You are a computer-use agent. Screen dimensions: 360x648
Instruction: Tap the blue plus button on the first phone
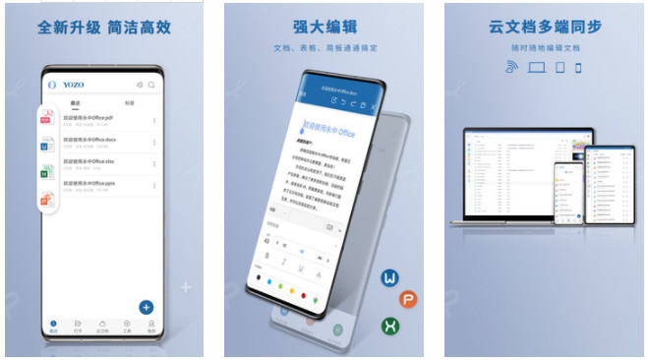(146, 306)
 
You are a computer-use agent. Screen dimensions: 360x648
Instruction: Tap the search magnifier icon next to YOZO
(151, 85)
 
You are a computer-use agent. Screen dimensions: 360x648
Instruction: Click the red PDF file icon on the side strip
(45, 120)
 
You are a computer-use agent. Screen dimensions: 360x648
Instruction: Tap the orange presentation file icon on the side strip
(45, 201)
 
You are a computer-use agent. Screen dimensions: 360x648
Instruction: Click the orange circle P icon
(407, 300)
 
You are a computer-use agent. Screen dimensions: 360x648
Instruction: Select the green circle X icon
(390, 326)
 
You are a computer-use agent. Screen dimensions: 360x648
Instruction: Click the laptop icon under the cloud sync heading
(536, 68)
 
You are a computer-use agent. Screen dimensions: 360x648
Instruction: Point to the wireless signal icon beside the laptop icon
(510, 68)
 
